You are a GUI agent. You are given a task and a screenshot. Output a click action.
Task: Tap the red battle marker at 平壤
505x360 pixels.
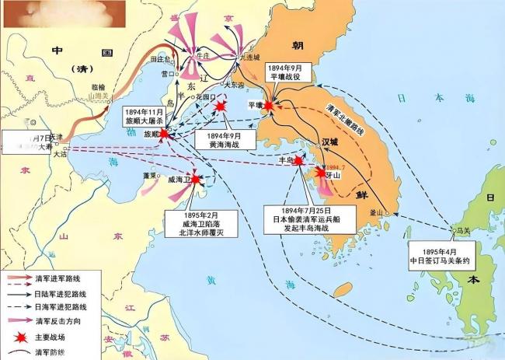point(269,105)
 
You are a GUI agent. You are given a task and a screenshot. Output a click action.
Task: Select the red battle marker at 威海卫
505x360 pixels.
point(196,180)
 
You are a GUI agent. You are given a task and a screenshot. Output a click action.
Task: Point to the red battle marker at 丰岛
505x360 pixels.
point(300,160)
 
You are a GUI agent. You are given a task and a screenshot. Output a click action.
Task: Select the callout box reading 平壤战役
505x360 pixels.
point(289,72)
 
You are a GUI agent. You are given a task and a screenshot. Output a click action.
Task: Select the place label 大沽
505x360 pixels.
point(60,154)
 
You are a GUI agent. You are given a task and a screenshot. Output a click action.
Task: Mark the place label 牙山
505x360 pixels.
point(337,176)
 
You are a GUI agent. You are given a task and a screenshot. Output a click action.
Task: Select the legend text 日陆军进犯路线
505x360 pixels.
point(57,293)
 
